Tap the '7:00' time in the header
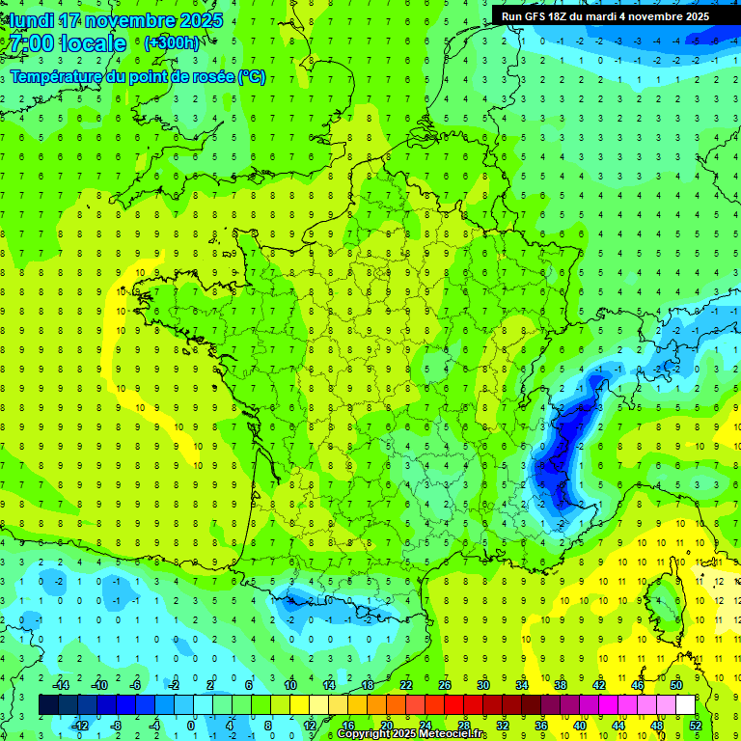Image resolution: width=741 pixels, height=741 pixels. coord(31,43)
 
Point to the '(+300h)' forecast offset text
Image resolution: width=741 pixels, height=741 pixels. coord(172,43)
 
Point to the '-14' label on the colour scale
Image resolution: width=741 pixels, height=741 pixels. coord(60,685)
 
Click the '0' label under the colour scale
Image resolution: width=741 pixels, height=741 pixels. coord(191,725)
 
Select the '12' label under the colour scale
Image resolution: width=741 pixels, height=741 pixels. coord(309,725)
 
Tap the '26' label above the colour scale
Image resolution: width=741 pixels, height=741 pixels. coord(445,685)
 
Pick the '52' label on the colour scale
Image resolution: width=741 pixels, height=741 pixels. coord(696,725)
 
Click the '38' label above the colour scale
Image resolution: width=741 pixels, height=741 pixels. coord(561,685)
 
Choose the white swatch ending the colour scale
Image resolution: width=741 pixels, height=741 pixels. coord(686,705)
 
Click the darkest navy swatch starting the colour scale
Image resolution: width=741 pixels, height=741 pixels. coord(48,705)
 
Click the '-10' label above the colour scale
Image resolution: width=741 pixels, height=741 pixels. coord(98,685)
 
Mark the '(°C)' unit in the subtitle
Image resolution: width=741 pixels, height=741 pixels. coord(252,77)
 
